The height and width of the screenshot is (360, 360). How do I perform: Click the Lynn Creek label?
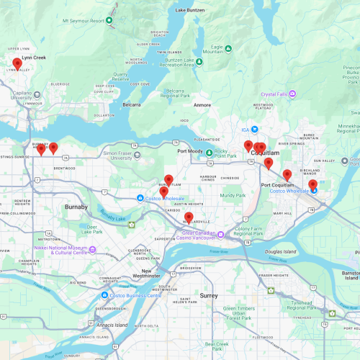click(x=34, y=57)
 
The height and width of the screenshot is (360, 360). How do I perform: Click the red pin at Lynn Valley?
click(x=17, y=63)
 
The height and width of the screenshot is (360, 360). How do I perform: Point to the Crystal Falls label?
click(x=278, y=94)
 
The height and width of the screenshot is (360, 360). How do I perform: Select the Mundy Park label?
click(x=233, y=195)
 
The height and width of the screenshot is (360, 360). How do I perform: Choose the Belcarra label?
click(x=131, y=104)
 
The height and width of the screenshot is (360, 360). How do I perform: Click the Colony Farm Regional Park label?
click(x=248, y=231)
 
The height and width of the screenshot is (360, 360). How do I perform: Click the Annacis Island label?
click(x=112, y=325)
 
